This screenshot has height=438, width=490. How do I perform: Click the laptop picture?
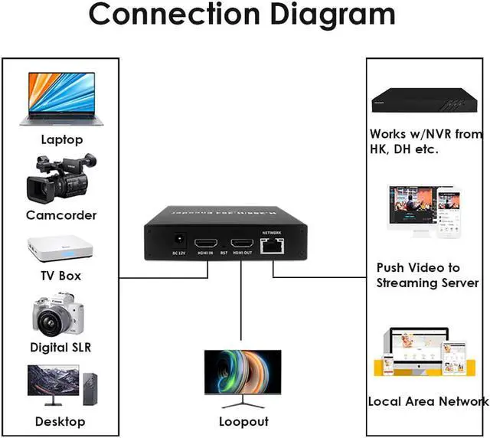pyautogui.click(x=61, y=98)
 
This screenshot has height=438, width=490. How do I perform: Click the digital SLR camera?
pyautogui.click(x=59, y=314)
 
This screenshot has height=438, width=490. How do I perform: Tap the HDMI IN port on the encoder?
pyautogui.click(x=205, y=244)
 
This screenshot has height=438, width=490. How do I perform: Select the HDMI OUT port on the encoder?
pyautogui.click(x=242, y=244)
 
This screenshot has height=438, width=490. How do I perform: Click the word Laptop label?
pyautogui.click(x=62, y=140)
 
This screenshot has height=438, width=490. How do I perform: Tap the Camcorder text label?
pyautogui.click(x=61, y=215)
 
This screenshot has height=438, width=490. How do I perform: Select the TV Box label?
pyautogui.click(x=61, y=276)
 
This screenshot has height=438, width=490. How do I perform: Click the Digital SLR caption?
pyautogui.click(x=61, y=348)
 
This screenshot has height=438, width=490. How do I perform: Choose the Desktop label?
pyautogui.click(x=60, y=421)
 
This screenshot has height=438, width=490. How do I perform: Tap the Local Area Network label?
pyautogui.click(x=428, y=401)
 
